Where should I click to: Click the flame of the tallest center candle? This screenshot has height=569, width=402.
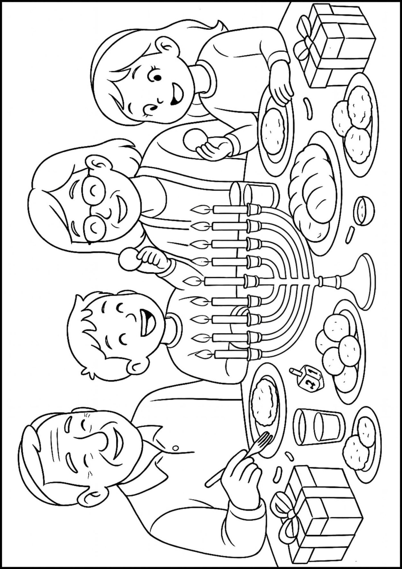[x=189, y=281]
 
